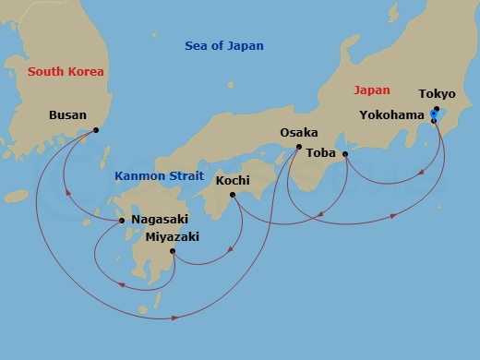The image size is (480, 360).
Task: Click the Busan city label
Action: click(x=67, y=115)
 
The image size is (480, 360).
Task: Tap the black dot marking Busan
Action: click(x=96, y=130)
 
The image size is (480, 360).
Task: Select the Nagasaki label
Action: click(x=163, y=220)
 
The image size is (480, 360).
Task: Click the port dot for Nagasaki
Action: click(x=122, y=221)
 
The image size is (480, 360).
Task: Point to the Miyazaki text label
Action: click(x=172, y=236)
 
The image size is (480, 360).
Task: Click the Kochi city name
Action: click(x=233, y=180)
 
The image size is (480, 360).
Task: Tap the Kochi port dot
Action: click(x=232, y=195)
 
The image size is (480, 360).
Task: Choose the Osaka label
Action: click(x=299, y=133)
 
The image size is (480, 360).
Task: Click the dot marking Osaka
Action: click(x=298, y=147)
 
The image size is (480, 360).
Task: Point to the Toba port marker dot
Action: click(x=345, y=154)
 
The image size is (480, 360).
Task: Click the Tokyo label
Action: click(x=437, y=94)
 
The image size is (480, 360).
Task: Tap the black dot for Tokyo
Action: click(x=437, y=109)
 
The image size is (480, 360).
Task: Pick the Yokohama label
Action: click(x=391, y=115)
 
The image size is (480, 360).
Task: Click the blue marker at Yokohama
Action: click(x=434, y=115)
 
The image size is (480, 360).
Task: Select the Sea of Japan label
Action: click(x=223, y=46)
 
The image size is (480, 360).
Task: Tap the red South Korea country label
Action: click(x=66, y=72)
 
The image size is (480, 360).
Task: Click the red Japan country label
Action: click(x=372, y=90)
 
